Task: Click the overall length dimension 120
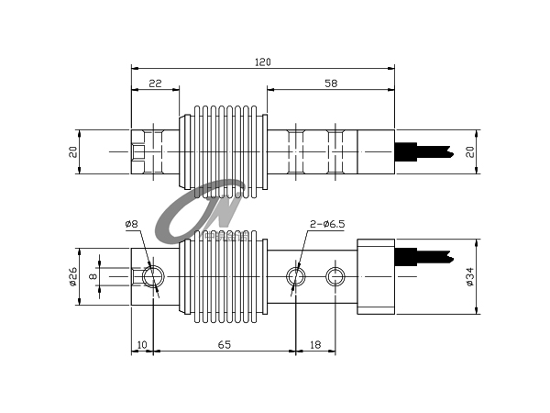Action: tap(263, 61)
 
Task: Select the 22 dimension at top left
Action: tap(155, 84)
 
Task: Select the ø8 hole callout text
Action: tap(132, 225)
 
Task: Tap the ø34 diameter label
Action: tap(469, 276)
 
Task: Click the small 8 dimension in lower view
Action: tap(92, 275)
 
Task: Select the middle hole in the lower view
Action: tap(296, 276)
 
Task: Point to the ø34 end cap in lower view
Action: tap(375, 276)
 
